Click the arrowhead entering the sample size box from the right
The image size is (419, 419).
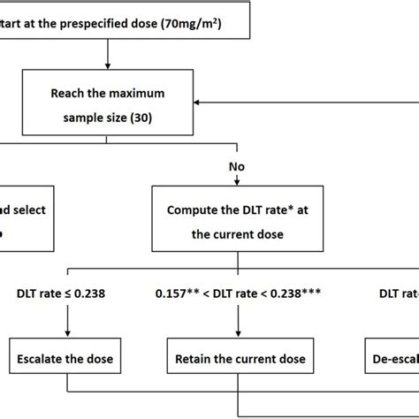(x=198, y=102)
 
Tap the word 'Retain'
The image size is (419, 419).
(x=196, y=359)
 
